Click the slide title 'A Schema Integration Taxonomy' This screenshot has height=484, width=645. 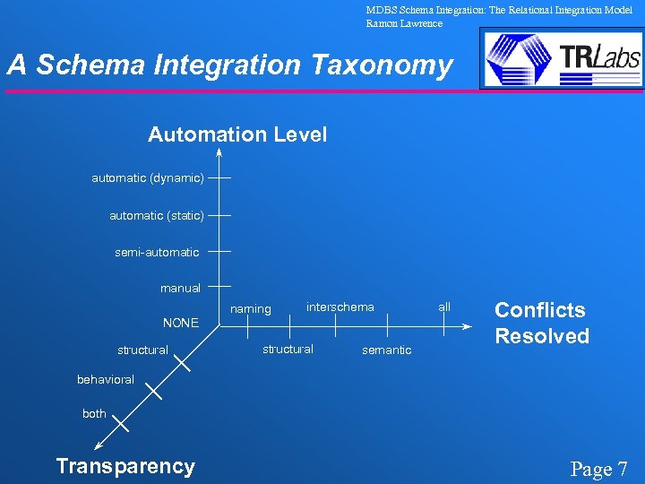click(230, 65)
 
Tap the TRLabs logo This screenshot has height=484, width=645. click(562, 58)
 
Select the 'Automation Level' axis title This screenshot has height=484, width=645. click(237, 134)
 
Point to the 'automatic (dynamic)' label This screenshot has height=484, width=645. click(148, 178)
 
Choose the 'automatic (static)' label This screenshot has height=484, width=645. click(157, 215)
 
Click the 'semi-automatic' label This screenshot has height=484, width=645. click(157, 253)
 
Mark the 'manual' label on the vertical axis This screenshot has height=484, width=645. click(180, 289)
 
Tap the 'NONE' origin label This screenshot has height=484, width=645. click(180, 323)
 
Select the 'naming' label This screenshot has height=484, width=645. click(251, 309)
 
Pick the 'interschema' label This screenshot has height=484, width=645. click(340, 307)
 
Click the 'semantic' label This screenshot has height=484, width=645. click(387, 350)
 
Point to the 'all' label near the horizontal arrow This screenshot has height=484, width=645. click(444, 307)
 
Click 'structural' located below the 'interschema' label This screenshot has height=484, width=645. click(288, 349)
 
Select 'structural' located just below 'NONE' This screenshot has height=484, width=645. click(142, 350)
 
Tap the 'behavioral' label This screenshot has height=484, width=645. click(106, 380)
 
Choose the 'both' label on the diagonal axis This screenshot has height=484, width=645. click(94, 414)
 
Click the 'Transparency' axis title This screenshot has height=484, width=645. click(125, 466)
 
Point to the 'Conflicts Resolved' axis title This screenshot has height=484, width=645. click(542, 323)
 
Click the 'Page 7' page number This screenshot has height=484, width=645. click(599, 469)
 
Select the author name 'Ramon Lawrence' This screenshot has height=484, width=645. click(404, 23)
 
